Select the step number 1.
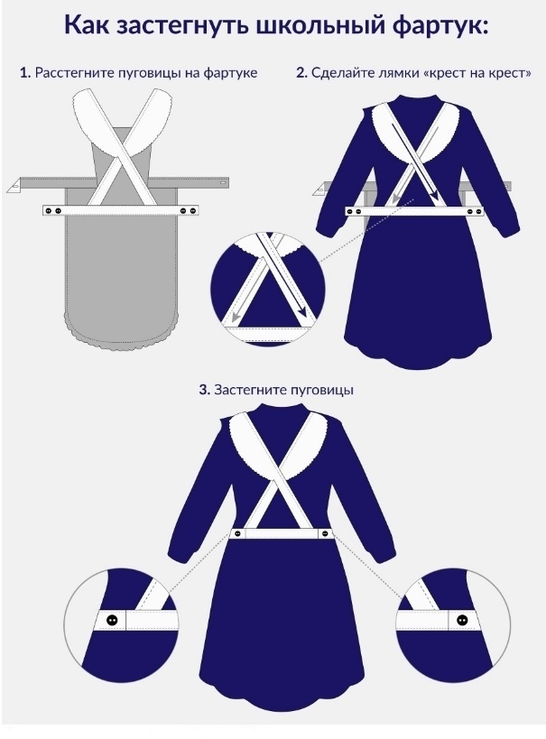pyautogui.click(x=25, y=73)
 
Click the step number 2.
pyautogui.click(x=301, y=73)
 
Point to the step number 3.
pyautogui.click(x=204, y=390)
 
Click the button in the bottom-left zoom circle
pyautogui.click(x=112, y=620)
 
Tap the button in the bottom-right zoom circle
pyautogui.click(x=461, y=619)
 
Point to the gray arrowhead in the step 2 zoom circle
pyautogui.click(x=235, y=315)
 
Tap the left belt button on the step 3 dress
pyautogui.click(x=237, y=534)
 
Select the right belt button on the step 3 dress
pyautogui.click(x=325, y=533)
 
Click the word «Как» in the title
pyautogui.click(x=88, y=25)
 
